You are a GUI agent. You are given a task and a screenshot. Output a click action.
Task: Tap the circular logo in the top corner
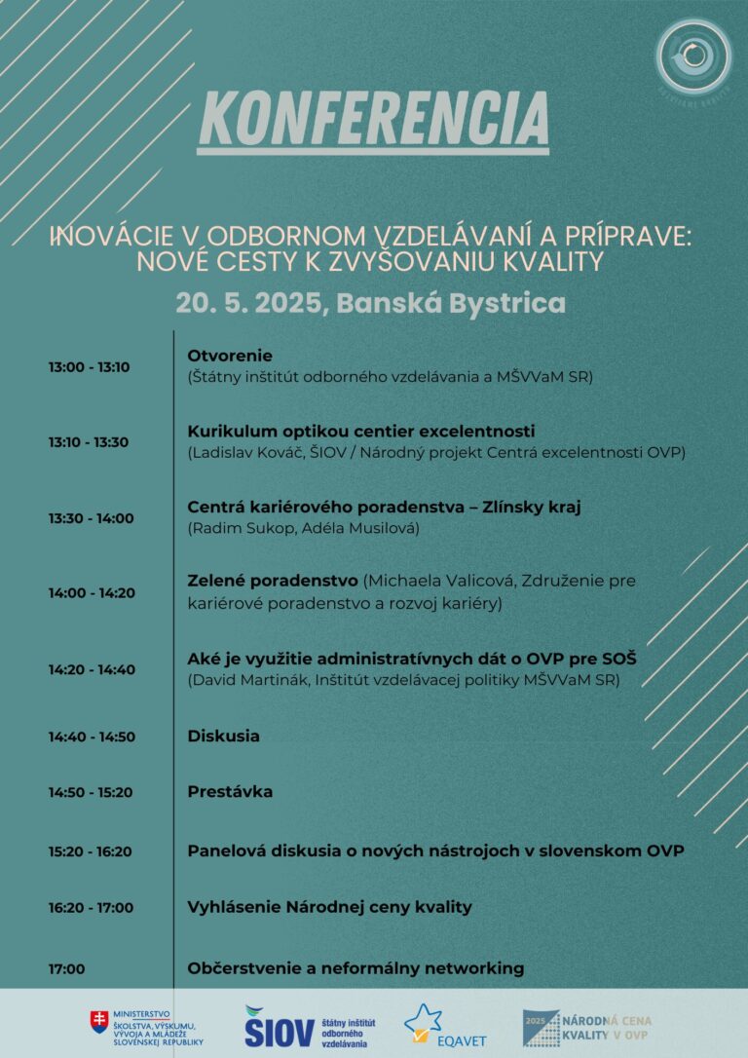(693, 57)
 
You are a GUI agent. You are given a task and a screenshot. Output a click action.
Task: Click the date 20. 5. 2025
(248, 302)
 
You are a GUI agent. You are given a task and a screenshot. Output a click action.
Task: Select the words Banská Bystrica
(450, 302)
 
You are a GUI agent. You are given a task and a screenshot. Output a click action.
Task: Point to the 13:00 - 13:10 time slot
(89, 367)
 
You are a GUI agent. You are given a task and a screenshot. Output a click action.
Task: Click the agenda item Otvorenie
(230, 356)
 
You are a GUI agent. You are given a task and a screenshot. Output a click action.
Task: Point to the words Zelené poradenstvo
(272, 581)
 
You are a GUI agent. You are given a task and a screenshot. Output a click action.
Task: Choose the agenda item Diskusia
(223, 736)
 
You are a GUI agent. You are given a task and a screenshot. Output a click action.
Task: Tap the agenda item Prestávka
(230, 792)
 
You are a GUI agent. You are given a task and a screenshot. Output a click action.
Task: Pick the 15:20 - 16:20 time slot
(90, 851)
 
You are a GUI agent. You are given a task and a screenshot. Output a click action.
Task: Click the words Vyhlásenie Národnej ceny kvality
(329, 907)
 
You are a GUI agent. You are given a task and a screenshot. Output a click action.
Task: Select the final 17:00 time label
(66, 968)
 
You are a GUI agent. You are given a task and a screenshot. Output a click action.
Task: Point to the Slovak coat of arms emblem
(99, 1021)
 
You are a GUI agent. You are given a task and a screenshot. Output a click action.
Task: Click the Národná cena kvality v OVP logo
(585, 1027)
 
